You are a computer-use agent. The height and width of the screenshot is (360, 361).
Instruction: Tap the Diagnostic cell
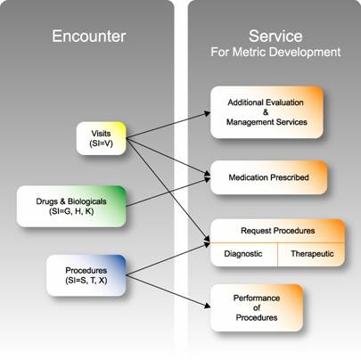click(243, 254)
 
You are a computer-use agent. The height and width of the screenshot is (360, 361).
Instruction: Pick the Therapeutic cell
click(312, 254)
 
